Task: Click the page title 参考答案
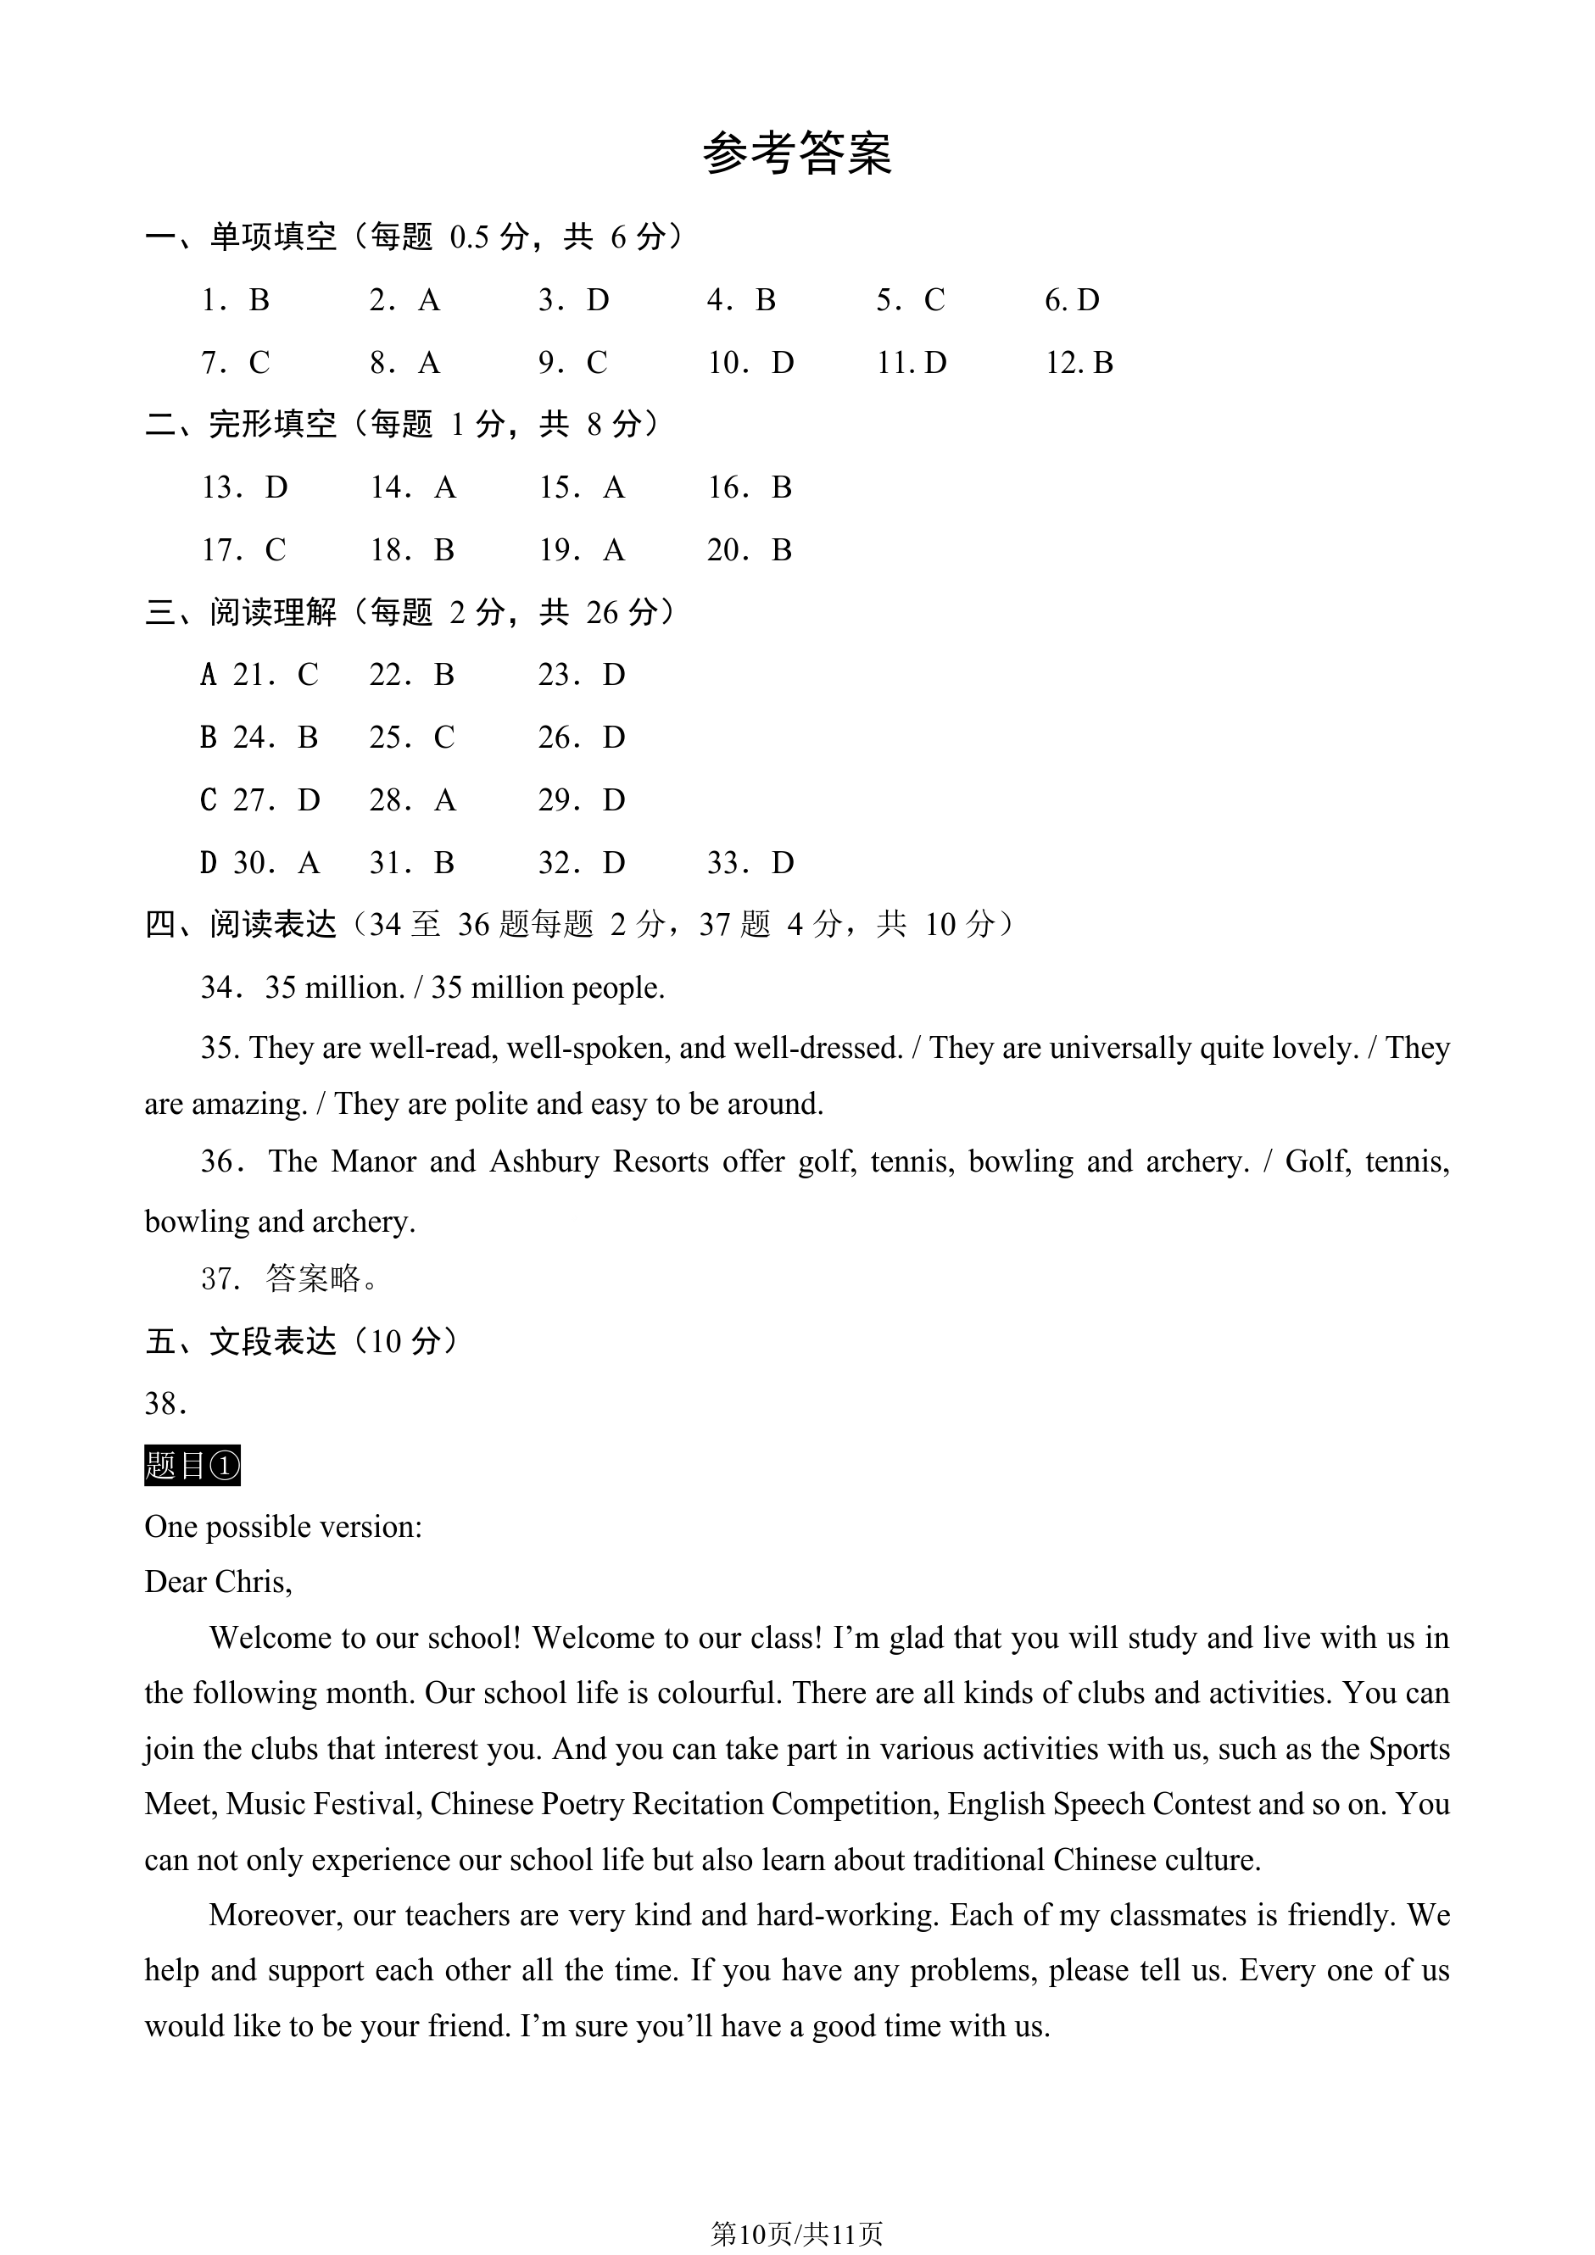pos(796,154)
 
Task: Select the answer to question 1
pos(259,299)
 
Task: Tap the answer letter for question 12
pos(1103,363)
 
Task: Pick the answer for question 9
pos(597,363)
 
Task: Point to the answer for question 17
pos(276,550)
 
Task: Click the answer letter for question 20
pos(782,550)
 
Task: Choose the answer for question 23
pos(614,675)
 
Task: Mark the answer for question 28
pos(445,800)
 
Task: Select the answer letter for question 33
pos(783,863)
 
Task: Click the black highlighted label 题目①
pos(192,1466)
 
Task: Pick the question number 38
pos(166,1404)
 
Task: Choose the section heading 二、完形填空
pos(241,424)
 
